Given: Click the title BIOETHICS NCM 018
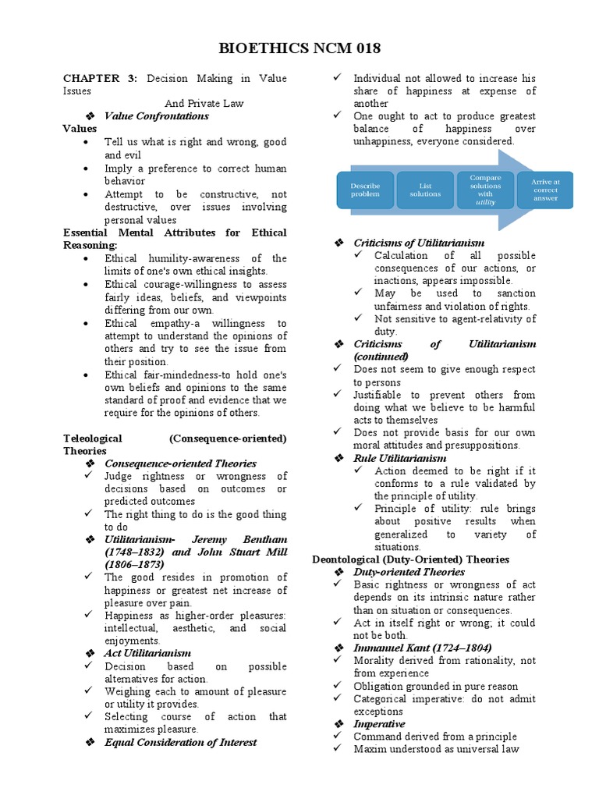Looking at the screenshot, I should coord(299,48).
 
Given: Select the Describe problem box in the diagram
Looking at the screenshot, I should coord(365,190).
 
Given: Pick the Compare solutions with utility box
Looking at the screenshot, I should coord(485,190).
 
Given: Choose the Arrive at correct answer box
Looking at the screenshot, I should coord(545,190).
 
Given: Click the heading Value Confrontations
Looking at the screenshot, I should coord(156,116).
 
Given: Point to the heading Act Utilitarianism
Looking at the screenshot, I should coord(147,653).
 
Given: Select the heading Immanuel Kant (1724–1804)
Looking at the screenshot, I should coord(422,648).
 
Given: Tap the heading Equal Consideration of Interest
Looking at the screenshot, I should coord(180,742).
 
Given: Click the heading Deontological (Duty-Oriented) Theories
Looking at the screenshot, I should coord(410,559).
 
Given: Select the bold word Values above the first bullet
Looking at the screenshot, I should coord(80,129).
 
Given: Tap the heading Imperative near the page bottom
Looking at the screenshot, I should coord(379,724).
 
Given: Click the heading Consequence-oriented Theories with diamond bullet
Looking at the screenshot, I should coord(180,463).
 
